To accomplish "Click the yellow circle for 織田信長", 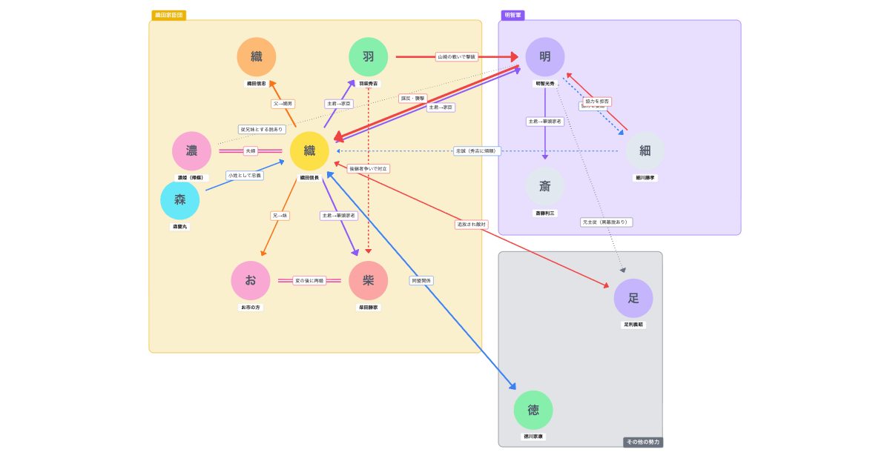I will click(x=309, y=151).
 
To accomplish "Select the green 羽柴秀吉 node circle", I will click(x=369, y=57).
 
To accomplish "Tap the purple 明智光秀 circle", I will click(x=545, y=57).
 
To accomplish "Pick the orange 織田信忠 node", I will click(x=257, y=57).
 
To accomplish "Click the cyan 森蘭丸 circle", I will click(x=180, y=200).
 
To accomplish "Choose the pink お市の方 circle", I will click(x=251, y=280).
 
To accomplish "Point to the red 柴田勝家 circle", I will click(x=369, y=280).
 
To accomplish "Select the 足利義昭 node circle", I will click(x=633, y=298).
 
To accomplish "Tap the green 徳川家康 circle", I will click(x=533, y=410).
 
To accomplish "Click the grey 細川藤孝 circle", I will click(x=645, y=151).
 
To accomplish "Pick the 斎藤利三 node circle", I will click(x=545, y=186).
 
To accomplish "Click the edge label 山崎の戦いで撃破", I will click(x=456, y=57).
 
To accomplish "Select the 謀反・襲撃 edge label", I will click(x=413, y=99).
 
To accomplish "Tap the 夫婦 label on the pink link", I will click(x=251, y=151).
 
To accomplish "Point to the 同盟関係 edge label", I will click(x=421, y=281).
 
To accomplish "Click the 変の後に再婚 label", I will click(x=309, y=281).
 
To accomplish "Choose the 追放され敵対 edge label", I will click(x=472, y=225).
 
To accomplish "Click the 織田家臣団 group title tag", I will click(x=169, y=15).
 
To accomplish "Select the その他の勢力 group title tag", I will click(x=643, y=442).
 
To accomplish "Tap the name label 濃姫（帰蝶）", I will click(x=191, y=178).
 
